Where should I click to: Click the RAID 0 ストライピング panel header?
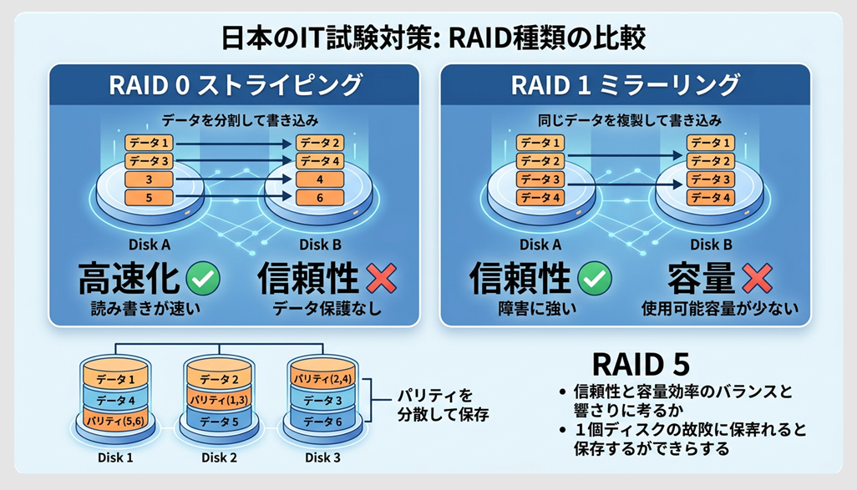236,86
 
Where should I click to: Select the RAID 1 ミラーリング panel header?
625,86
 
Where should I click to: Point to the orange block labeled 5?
150,198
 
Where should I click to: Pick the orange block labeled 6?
321,198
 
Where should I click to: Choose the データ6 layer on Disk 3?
322,422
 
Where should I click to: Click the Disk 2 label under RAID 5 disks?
219,457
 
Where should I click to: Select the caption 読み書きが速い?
146,309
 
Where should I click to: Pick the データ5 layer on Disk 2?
219,422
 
